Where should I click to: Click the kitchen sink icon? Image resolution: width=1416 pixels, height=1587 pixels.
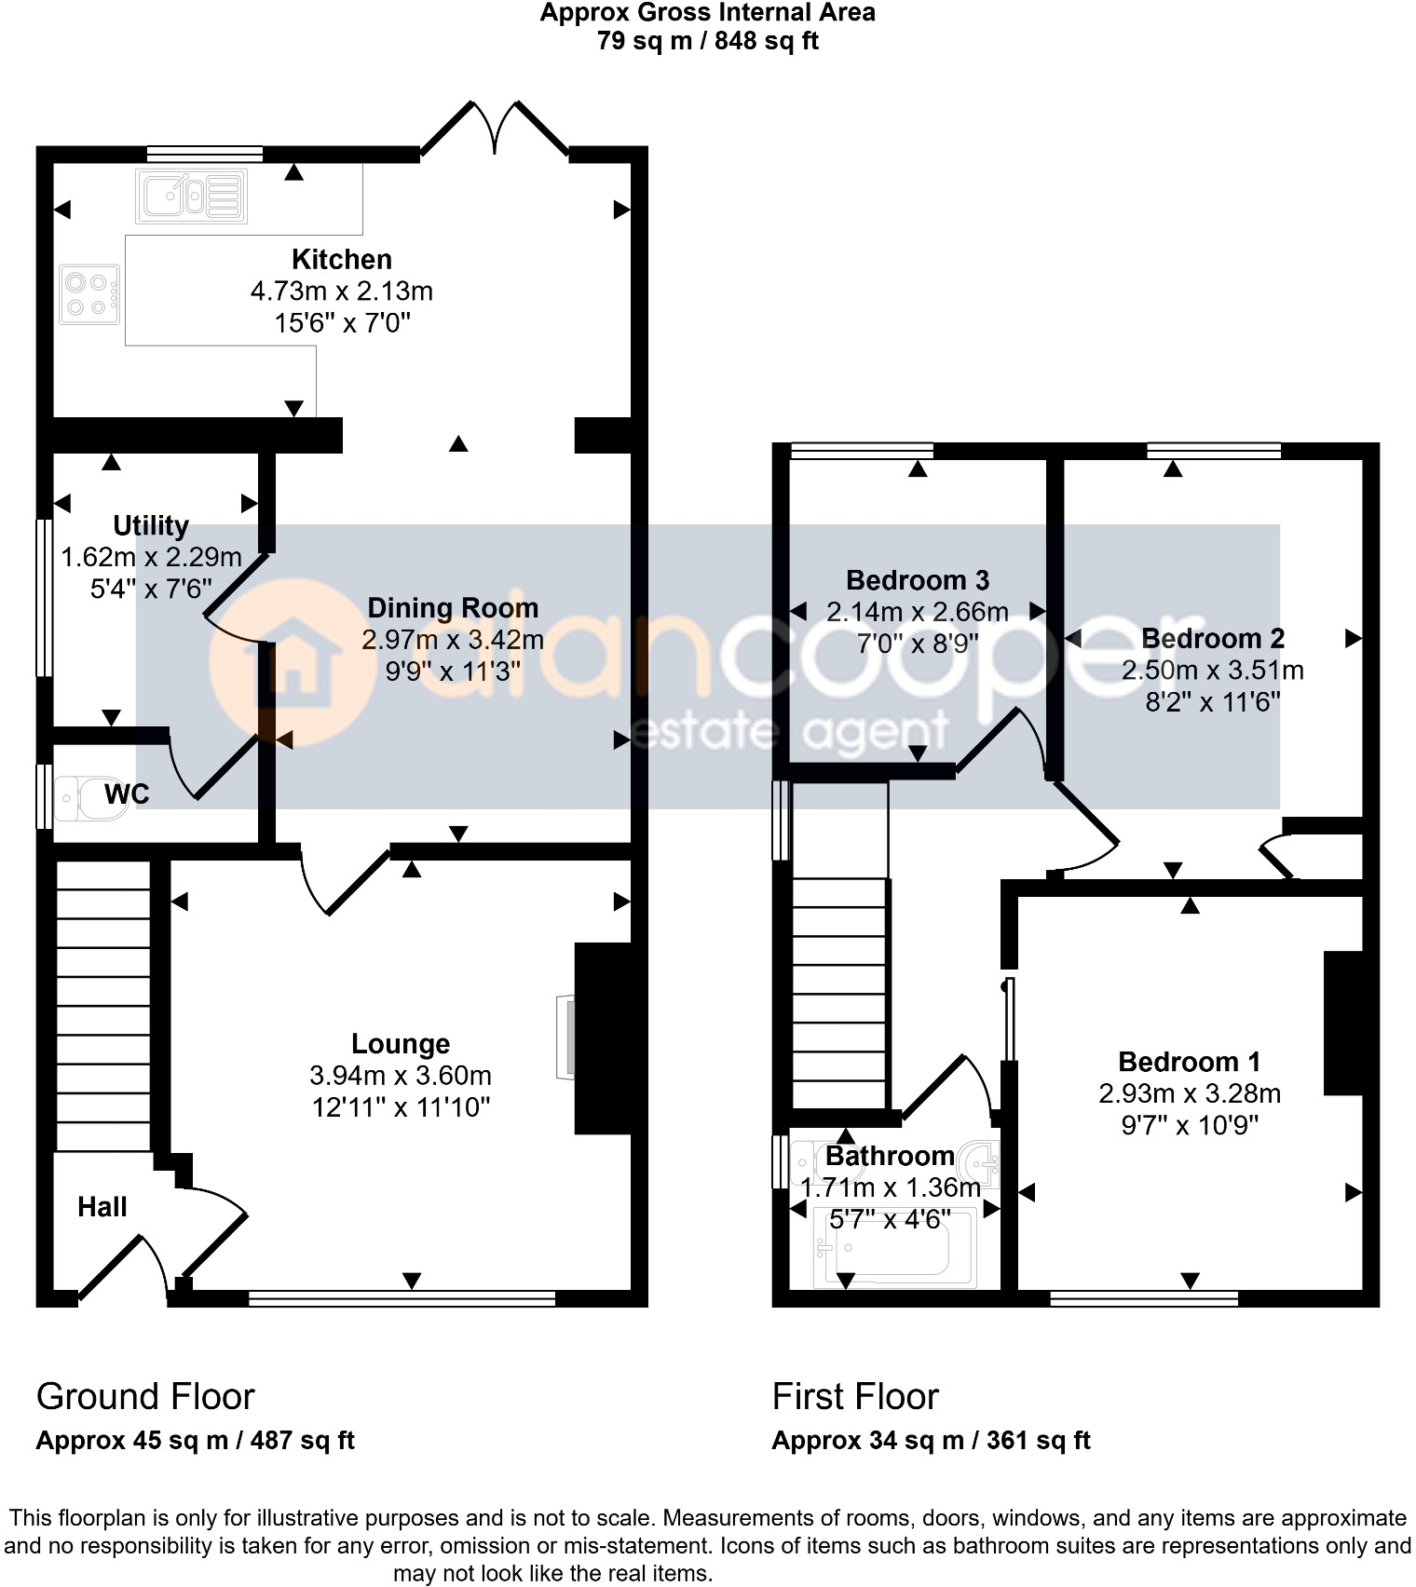pyautogui.click(x=191, y=197)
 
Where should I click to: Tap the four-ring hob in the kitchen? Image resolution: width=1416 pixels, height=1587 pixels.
pyautogui.click(x=89, y=294)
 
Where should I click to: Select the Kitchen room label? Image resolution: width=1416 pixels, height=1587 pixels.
pyautogui.click(x=341, y=259)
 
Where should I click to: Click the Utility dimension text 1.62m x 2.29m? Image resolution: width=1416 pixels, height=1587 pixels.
pyautogui.click(x=151, y=557)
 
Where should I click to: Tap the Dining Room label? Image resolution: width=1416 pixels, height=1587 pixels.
pyautogui.click(x=453, y=607)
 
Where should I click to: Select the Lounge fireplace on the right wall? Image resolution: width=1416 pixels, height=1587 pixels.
pyautogui.click(x=601, y=1038)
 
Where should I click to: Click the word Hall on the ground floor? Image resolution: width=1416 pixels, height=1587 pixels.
pyautogui.click(x=102, y=1207)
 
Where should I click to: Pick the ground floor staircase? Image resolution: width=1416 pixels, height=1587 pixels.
pyautogui.click(x=102, y=1006)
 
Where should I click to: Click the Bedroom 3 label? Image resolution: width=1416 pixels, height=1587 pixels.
pyautogui.click(x=917, y=580)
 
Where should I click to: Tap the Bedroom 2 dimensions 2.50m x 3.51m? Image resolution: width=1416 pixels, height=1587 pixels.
pyautogui.click(x=1212, y=670)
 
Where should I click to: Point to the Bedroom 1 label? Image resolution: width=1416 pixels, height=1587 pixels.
pyautogui.click(x=1189, y=1062)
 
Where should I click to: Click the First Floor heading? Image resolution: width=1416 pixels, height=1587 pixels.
pyautogui.click(x=854, y=1396)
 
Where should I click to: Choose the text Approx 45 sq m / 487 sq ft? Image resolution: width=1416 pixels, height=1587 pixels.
pyautogui.click(x=195, y=1441)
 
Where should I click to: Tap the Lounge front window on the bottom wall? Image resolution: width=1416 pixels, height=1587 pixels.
pyautogui.click(x=402, y=1297)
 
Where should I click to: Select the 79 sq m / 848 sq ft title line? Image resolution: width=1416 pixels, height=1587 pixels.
pyautogui.click(x=707, y=41)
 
